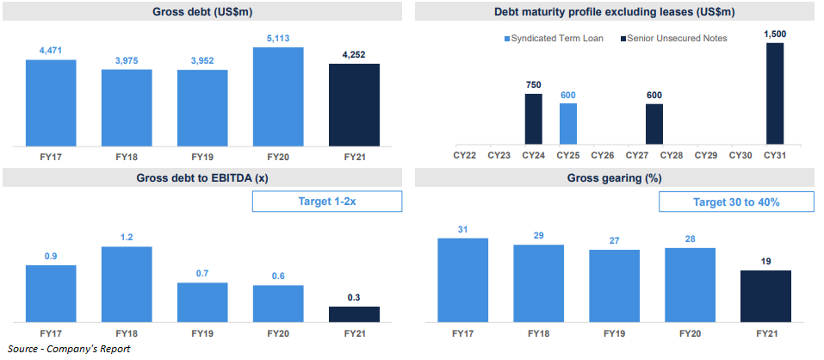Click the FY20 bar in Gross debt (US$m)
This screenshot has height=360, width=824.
278,96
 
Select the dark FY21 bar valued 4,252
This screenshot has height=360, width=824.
354,104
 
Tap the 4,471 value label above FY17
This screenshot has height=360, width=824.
51,52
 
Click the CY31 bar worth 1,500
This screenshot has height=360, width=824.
775,94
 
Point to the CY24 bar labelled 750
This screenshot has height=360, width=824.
534,119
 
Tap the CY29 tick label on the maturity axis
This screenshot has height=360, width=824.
705,156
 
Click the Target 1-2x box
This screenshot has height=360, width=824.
327,202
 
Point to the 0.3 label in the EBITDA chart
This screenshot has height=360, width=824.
354,297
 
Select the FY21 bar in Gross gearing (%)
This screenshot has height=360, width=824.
765,296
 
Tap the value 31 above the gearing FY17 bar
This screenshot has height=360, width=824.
462,228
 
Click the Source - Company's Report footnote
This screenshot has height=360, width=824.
69,349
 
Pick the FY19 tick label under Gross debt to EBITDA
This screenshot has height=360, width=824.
202,333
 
